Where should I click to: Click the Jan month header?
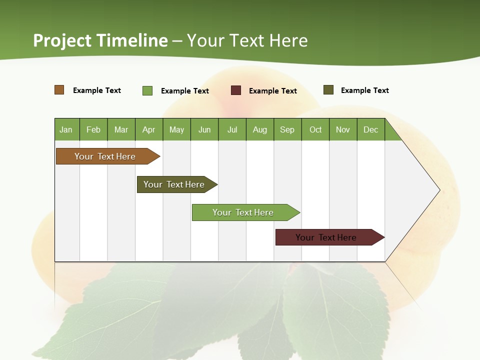point(66,130)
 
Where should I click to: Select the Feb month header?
point(93,130)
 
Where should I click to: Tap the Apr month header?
point(148,130)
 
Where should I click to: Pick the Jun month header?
point(204,130)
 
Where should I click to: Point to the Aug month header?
point(259,130)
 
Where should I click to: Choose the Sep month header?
point(287,130)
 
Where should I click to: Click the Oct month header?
point(315,130)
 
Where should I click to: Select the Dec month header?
point(370,130)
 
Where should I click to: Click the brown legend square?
point(59,90)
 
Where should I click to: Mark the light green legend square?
point(147,90)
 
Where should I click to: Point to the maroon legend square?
point(236,90)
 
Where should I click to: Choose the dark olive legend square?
point(328,90)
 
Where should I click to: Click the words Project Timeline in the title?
point(100,40)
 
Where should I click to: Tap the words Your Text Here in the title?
point(247,40)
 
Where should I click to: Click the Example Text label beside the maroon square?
point(273,91)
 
